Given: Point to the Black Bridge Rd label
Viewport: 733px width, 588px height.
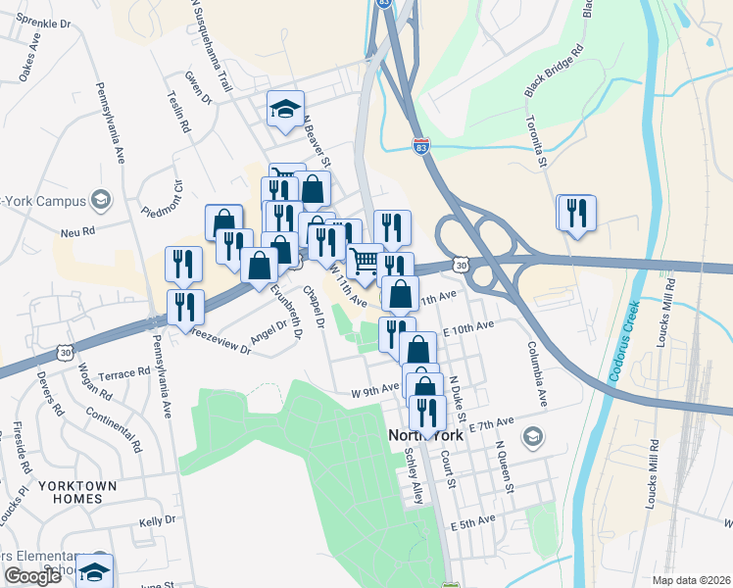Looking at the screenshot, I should point(555,70).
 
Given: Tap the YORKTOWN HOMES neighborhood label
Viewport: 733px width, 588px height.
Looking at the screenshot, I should point(77,492).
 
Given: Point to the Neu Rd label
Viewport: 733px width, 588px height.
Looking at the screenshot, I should point(76,232).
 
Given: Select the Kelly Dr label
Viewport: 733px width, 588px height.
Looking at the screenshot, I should point(157,520).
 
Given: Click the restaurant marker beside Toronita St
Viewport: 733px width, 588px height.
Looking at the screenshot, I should point(576,214).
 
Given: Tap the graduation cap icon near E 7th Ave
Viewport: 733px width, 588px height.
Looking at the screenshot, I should point(533,435).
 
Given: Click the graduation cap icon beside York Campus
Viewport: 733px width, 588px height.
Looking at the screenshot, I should point(100,200).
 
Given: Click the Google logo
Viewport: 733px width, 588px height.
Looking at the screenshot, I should point(32,576).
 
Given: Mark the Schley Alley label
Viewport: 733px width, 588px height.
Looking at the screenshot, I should point(415,477).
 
